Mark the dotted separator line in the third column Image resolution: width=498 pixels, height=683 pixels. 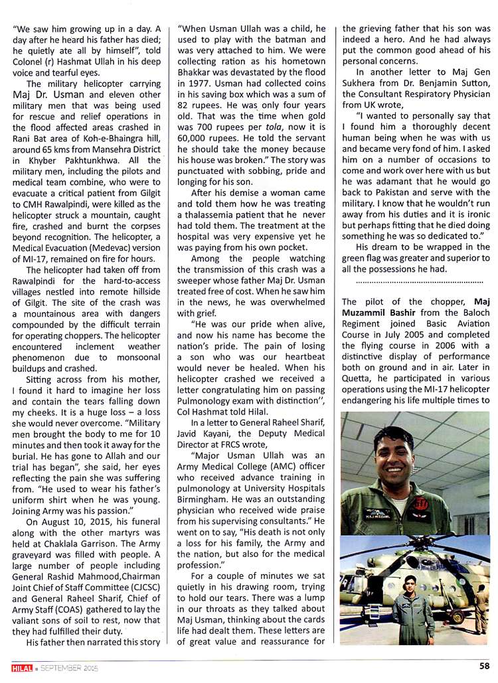pos(416,280)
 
